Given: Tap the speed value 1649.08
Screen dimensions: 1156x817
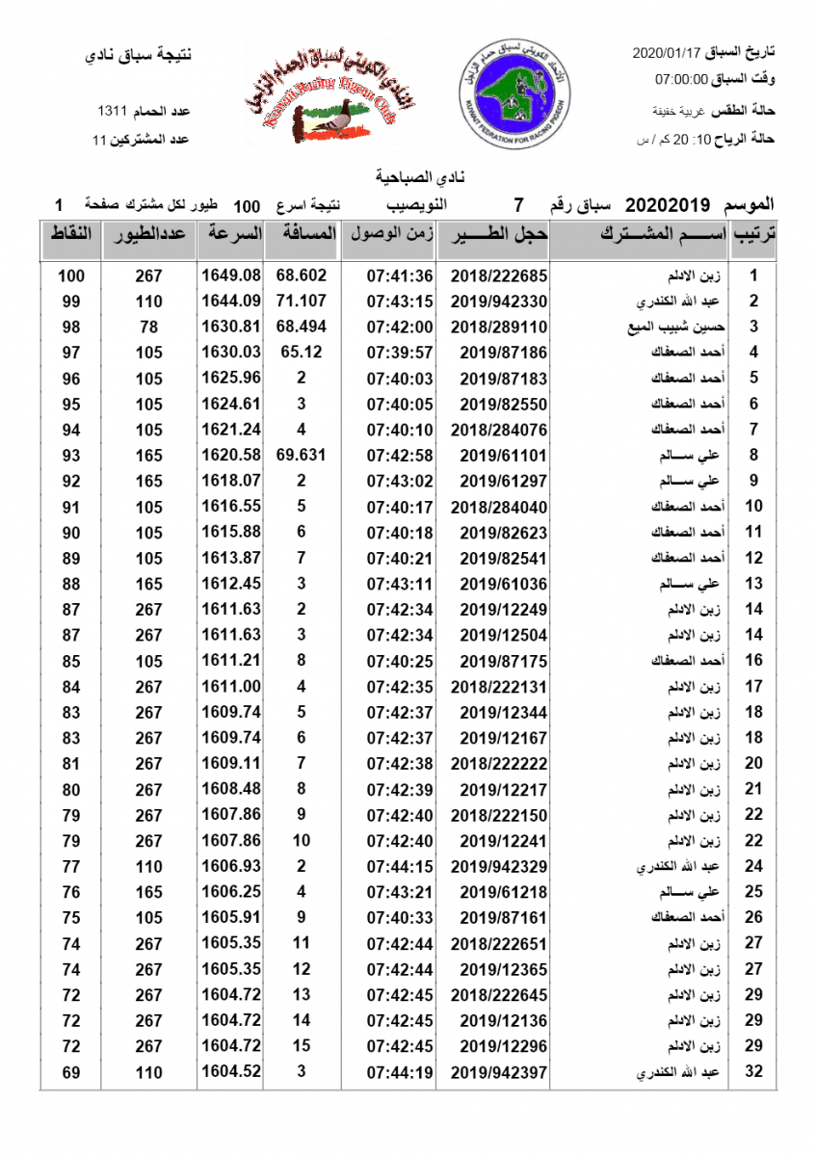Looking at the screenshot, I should point(231,276).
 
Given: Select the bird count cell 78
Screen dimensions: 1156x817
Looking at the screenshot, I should point(148,327).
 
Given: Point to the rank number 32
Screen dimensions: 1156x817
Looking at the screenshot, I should point(753,1071).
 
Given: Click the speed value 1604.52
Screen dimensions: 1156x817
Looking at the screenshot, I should point(231,1071).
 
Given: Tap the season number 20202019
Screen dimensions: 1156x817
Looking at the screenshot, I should point(668,205).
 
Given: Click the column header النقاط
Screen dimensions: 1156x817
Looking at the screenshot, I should point(70,234).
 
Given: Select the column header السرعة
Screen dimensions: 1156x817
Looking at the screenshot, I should point(231,234).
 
